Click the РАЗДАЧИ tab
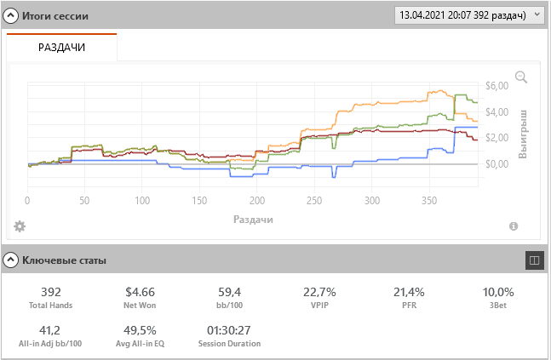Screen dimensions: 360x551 (x=61, y=48)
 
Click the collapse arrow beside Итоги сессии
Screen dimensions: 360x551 (x=11, y=16)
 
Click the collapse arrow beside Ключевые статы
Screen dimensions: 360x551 (x=11, y=260)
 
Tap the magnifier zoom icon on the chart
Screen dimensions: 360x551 (x=521, y=77)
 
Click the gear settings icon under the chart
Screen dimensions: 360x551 (x=20, y=226)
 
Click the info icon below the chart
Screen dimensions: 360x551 (x=514, y=226)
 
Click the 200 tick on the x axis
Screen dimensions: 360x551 (x=256, y=201)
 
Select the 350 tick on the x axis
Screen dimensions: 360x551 (x=428, y=201)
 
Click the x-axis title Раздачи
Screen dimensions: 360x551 (x=253, y=219)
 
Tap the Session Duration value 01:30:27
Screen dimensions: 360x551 (x=229, y=329)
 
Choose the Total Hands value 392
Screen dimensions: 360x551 (x=50, y=292)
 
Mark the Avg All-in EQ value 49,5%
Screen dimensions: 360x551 (x=140, y=329)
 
